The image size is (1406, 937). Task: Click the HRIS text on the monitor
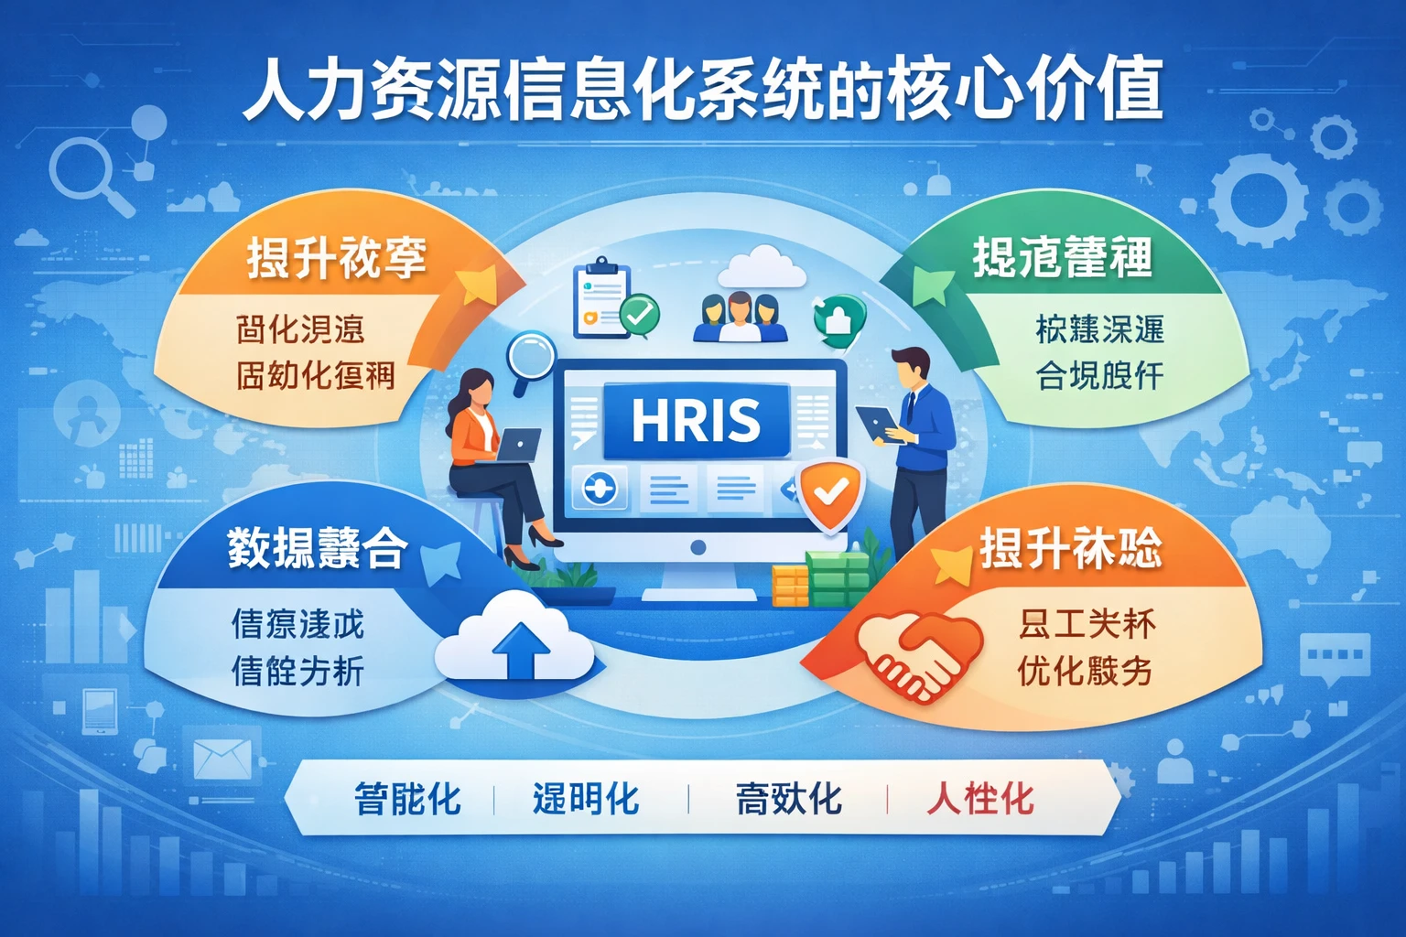coord(696,421)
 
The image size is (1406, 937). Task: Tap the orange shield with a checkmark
coord(829,494)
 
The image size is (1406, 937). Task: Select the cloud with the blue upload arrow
coord(517,641)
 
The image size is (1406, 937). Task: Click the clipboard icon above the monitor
coord(601,297)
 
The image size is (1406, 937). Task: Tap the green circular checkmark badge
coord(640,315)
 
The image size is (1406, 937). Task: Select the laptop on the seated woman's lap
coord(516,447)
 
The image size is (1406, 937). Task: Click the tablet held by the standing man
coord(877,424)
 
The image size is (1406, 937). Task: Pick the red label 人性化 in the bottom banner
coord(980,799)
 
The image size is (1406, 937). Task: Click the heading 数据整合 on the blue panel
coord(317,548)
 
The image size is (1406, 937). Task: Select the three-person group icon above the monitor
coord(740,317)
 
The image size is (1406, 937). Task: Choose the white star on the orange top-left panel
coord(477,285)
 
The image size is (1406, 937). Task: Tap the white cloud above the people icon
coord(761,266)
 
